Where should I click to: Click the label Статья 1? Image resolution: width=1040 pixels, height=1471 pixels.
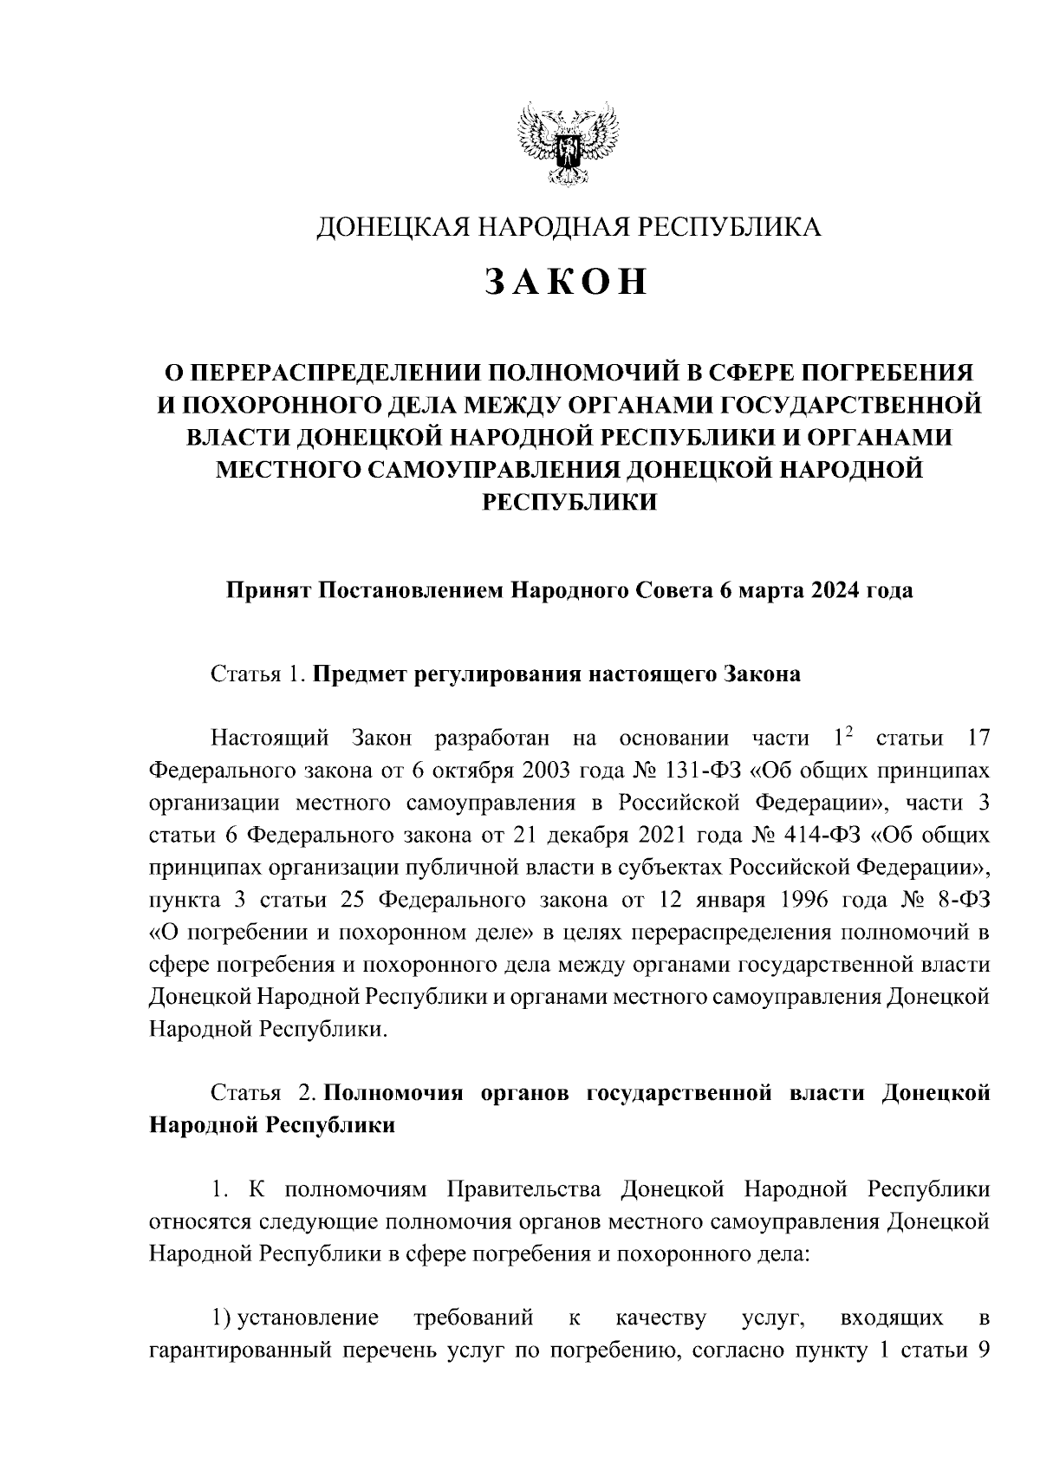pyautogui.click(x=257, y=675)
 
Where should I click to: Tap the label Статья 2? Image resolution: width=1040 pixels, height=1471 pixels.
pyautogui.click(x=257, y=1094)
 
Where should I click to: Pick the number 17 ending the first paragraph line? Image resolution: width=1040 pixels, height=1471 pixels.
pyautogui.click(x=976, y=739)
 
